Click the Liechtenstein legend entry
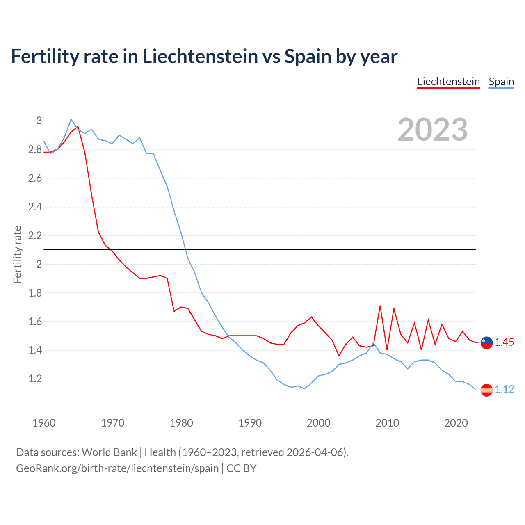click(x=448, y=82)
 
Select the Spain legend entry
click(x=501, y=82)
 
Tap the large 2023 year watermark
click(x=433, y=130)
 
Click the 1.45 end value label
click(x=504, y=342)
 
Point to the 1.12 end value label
click(x=504, y=389)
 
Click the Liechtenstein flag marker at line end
click(x=486, y=342)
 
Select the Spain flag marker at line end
click(x=486, y=390)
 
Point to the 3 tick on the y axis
click(x=39, y=121)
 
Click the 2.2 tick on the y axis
click(x=35, y=235)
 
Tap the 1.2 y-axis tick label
click(x=35, y=379)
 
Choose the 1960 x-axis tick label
click(x=44, y=423)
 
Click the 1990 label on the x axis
click(x=250, y=423)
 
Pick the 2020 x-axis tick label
click(x=456, y=423)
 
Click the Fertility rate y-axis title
click(x=17, y=254)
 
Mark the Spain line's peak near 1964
click(x=71, y=119)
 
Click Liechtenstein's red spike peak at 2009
click(x=380, y=306)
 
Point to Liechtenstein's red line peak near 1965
click(x=78, y=126)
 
